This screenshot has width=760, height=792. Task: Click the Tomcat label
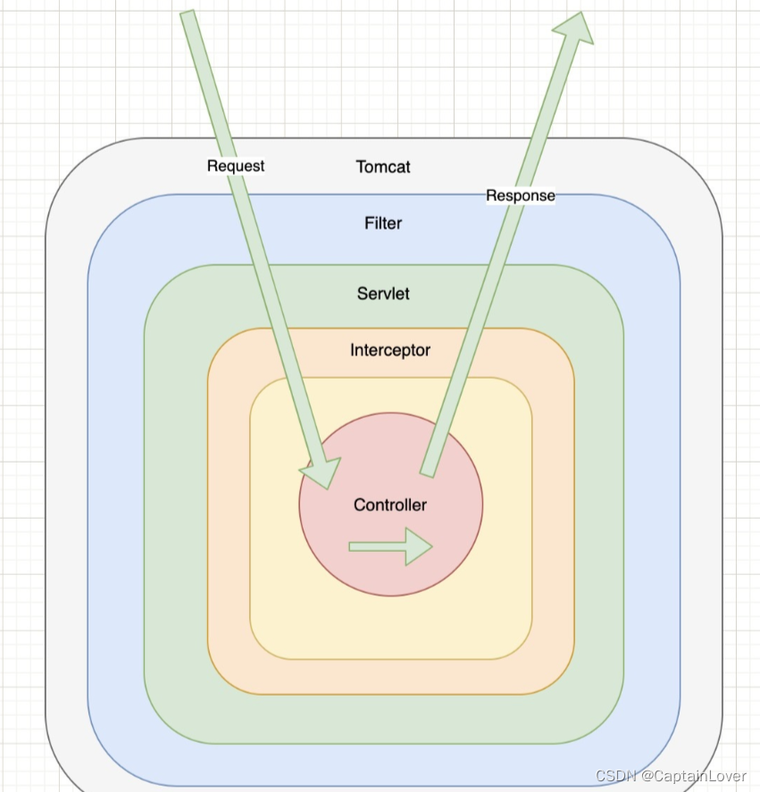[383, 167]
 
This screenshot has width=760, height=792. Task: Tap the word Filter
[383, 223]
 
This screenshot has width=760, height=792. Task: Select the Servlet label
[383, 294]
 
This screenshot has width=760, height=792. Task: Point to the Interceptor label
[390, 350]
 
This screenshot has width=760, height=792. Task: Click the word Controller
[390, 505]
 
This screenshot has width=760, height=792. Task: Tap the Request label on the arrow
[236, 166]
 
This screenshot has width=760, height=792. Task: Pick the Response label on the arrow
[521, 196]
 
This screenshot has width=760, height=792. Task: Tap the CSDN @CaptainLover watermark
[671, 776]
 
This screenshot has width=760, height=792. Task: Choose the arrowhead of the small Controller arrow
[418, 546]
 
